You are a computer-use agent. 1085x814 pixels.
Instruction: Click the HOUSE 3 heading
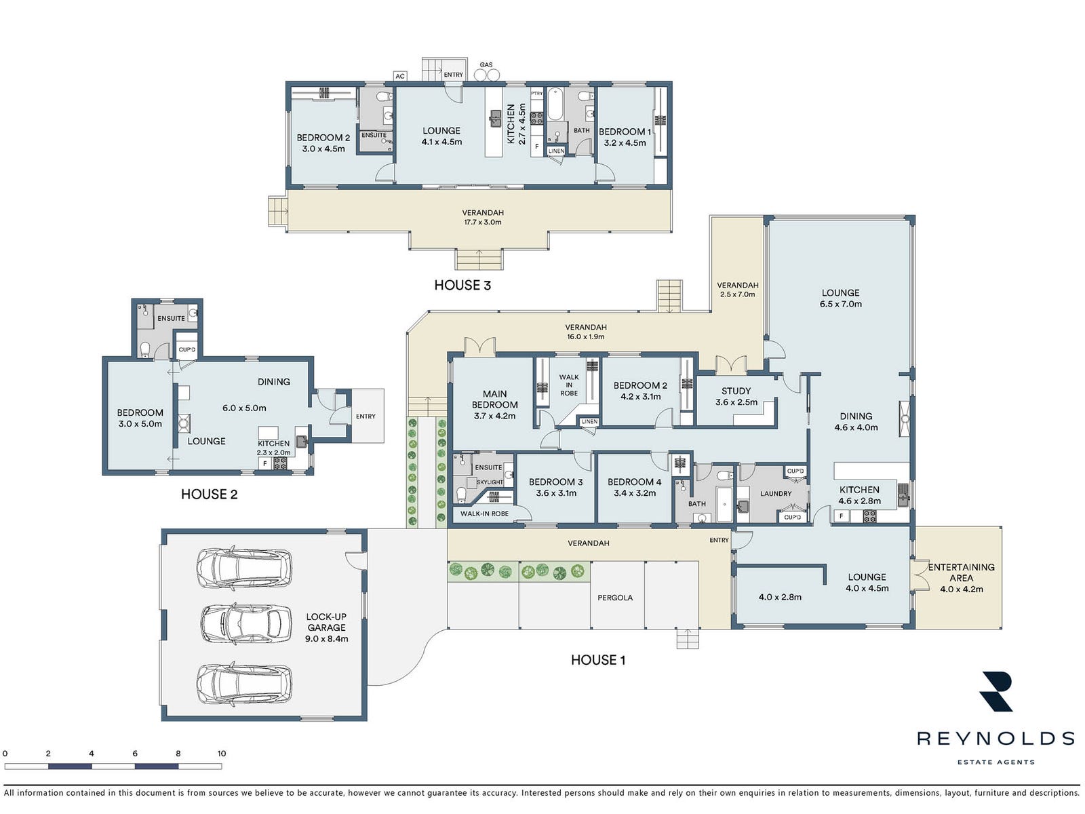point(462,285)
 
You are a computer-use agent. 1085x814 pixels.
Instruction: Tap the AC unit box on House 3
point(400,76)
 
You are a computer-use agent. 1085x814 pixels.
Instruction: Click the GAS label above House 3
point(486,64)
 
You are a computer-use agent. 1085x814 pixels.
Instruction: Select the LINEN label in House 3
point(556,151)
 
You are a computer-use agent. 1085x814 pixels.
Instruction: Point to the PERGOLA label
point(615,598)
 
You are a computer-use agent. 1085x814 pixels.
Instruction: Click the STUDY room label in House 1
point(736,391)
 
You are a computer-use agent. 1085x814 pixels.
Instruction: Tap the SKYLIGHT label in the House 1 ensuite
point(490,482)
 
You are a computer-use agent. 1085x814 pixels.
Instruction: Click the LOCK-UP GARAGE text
point(326,622)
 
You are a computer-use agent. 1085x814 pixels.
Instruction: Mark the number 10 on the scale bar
point(222,753)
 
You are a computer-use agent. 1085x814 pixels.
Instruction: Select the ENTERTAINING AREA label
point(961,573)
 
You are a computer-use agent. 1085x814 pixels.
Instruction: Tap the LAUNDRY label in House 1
point(776,493)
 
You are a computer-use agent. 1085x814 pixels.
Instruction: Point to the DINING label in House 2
point(273,381)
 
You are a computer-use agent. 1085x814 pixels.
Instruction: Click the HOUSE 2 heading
point(209,495)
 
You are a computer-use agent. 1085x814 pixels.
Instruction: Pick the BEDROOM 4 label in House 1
point(634,482)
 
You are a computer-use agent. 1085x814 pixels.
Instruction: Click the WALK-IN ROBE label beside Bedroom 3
point(484,513)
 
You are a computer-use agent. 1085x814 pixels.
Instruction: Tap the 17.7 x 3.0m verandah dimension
point(482,222)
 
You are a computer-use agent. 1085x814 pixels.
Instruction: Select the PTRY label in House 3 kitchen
point(537,94)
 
